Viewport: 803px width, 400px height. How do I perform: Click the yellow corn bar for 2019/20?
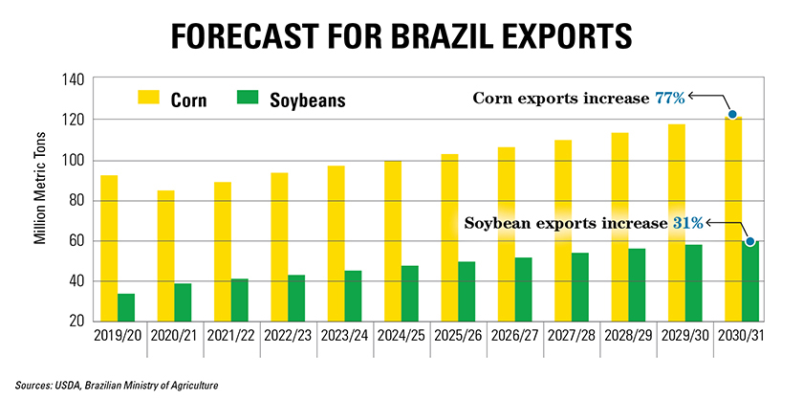[109, 249]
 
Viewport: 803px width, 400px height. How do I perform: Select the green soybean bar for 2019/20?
[126, 307]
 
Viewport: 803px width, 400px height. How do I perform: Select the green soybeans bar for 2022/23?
[295, 298]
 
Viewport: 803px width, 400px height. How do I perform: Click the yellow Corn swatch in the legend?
[150, 98]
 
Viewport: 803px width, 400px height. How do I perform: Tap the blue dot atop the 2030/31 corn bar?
[732, 115]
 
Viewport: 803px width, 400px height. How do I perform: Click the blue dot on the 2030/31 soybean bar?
[750, 242]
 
